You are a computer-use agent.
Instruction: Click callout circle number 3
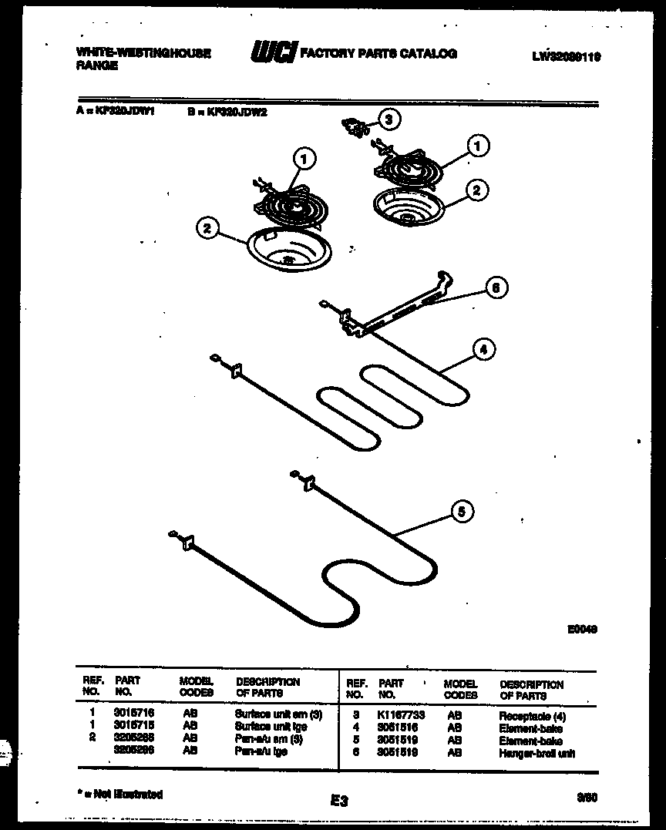click(x=390, y=119)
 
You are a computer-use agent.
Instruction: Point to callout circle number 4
click(x=483, y=350)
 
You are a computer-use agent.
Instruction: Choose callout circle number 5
click(x=462, y=511)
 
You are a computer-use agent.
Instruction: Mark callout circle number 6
click(x=496, y=288)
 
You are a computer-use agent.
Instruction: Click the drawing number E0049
click(x=583, y=630)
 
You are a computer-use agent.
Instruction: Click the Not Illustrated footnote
click(x=120, y=794)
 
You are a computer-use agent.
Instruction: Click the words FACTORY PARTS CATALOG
click(x=378, y=53)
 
